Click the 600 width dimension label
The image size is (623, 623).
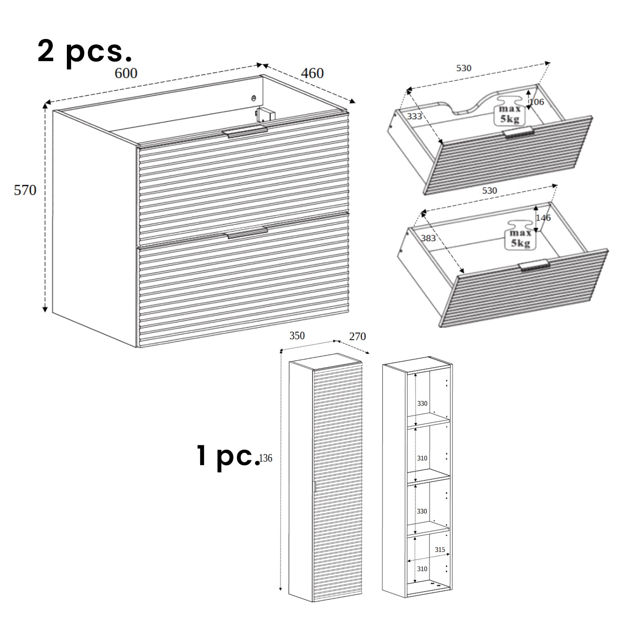click(126, 73)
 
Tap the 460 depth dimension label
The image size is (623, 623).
click(312, 73)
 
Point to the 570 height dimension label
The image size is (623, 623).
click(25, 190)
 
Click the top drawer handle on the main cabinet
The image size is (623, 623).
click(245, 132)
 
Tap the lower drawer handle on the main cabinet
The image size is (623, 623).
click(247, 233)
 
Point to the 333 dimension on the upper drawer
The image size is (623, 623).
click(414, 116)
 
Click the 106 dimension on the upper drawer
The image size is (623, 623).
click(537, 101)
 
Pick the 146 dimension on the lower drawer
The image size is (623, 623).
click(543, 218)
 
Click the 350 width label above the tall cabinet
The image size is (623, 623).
click(297, 336)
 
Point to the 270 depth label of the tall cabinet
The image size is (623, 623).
click(357, 336)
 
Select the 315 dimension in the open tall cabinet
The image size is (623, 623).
click(440, 549)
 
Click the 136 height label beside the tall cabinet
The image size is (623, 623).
click(266, 458)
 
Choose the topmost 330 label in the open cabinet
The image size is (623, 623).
click(422, 403)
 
